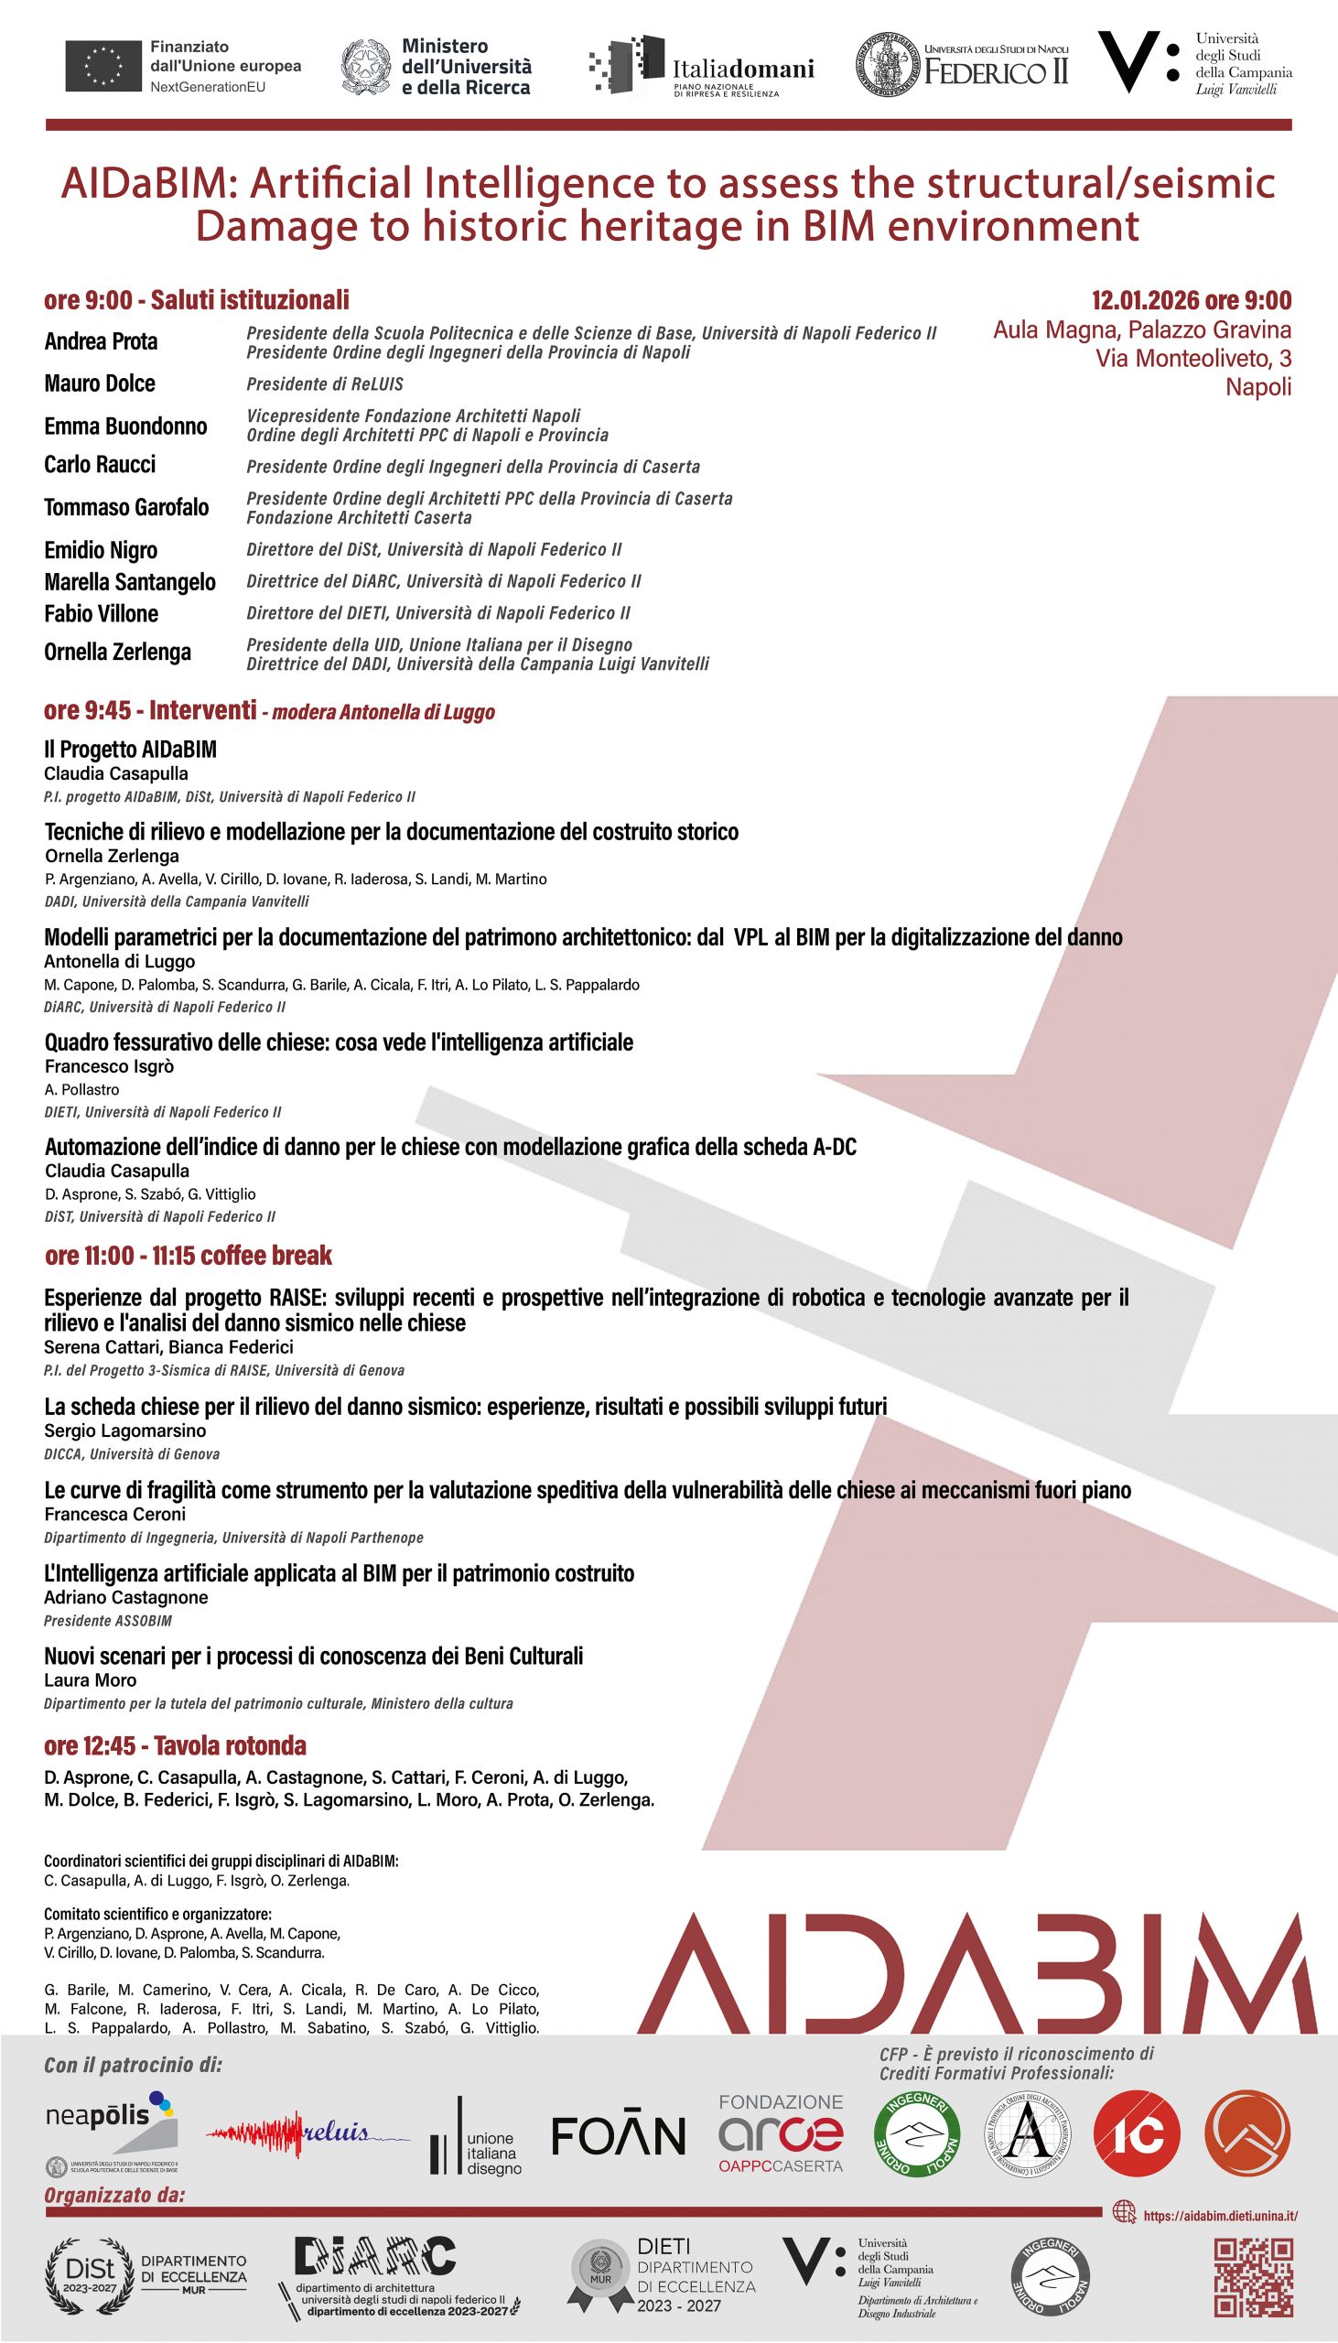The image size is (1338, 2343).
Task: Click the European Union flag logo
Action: (103, 66)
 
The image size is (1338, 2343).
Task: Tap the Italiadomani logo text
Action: (742, 70)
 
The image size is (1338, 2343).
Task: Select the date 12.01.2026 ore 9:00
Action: (1191, 300)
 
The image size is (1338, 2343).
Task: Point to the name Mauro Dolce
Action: (99, 383)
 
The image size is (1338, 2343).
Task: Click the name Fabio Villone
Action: (101, 613)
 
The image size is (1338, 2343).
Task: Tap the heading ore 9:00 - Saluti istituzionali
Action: (197, 300)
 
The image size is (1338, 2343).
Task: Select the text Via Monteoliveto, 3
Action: (1192, 359)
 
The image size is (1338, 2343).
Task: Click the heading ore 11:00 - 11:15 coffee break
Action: (189, 1255)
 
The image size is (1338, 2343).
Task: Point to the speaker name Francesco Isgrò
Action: (109, 1066)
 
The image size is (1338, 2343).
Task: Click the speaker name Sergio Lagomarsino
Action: (125, 1431)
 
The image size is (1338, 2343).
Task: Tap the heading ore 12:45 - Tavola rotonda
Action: (175, 1745)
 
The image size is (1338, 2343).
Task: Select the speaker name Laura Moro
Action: (90, 1679)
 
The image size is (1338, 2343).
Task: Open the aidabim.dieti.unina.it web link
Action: (1219, 2215)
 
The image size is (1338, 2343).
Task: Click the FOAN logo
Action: (618, 2135)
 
